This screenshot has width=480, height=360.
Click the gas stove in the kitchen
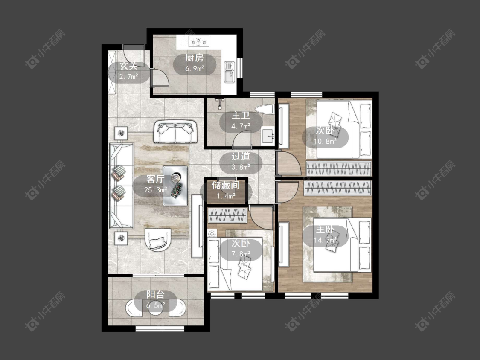tap(199, 41)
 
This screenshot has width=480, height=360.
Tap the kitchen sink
tap(229, 72)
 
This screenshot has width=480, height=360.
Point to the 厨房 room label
tap(195, 58)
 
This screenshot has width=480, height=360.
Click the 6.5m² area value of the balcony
tap(155, 305)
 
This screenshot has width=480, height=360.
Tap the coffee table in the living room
tap(175, 186)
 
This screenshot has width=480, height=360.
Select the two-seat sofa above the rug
tap(175, 132)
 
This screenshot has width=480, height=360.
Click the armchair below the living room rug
tap(158, 240)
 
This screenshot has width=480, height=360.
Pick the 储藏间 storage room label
tap(226, 185)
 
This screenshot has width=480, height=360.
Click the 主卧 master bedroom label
tap(325, 229)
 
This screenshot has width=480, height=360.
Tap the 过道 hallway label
tap(241, 156)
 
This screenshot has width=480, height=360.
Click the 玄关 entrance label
tap(128, 66)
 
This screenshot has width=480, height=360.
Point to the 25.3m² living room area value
tap(155, 190)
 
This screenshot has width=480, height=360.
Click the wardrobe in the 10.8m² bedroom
tap(339, 168)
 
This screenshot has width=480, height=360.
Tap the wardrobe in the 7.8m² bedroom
tap(227, 215)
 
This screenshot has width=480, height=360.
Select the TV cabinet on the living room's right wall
tap(197, 226)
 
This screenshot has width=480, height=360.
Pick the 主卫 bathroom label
tap(241, 116)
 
